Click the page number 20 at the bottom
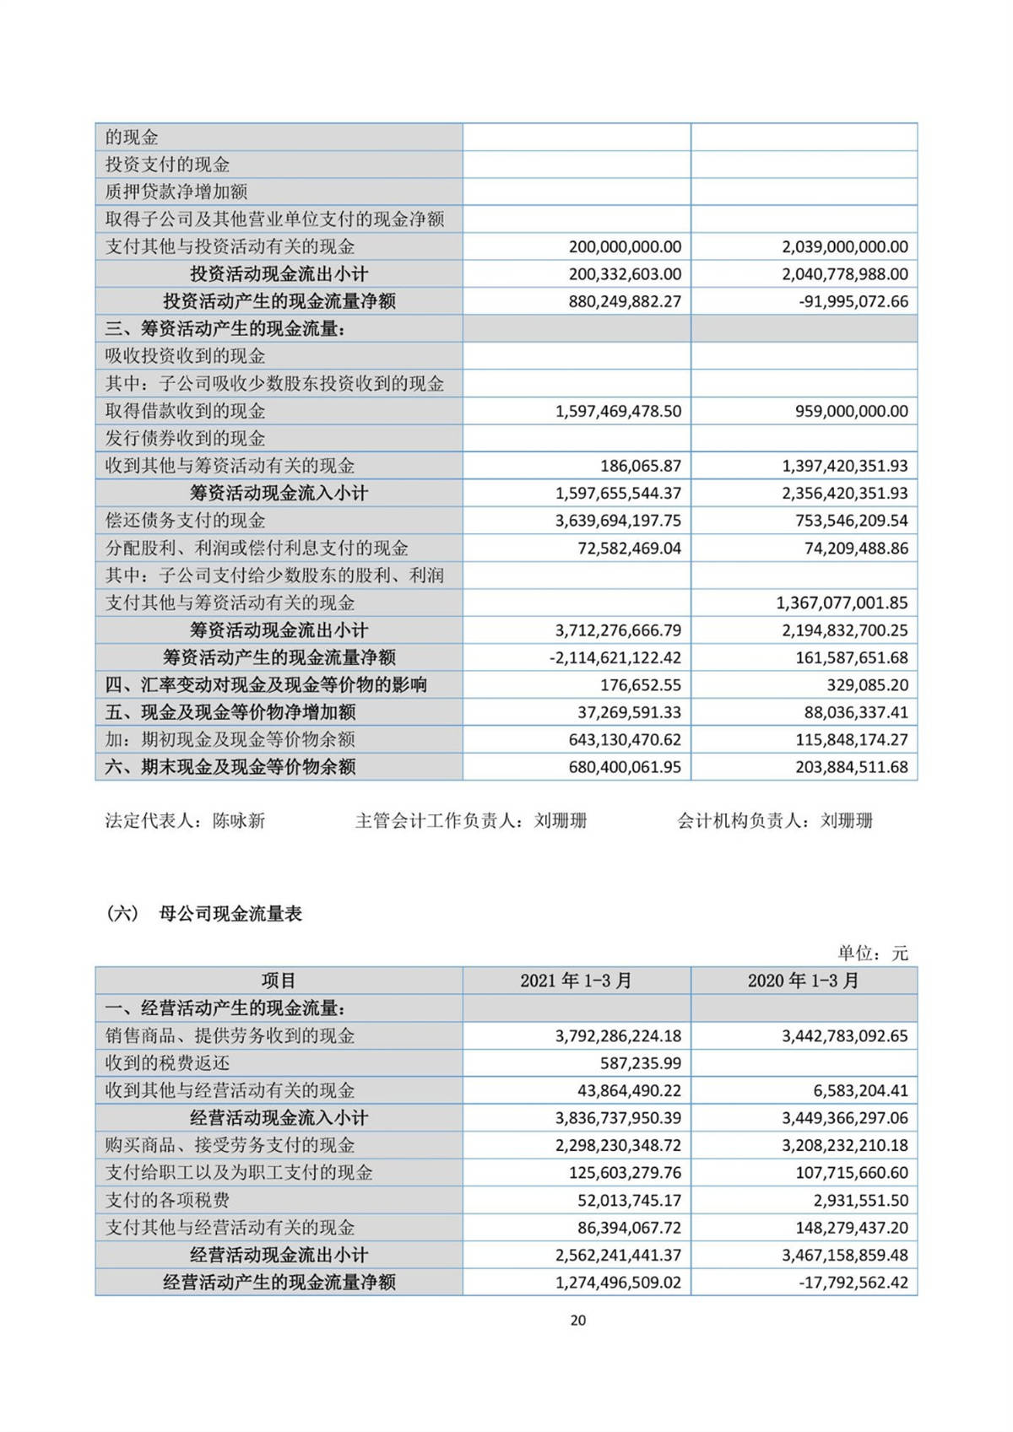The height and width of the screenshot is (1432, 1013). coord(577,1320)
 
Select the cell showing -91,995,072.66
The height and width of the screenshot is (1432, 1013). coord(853,301)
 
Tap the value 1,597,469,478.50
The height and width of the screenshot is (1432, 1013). coord(618,411)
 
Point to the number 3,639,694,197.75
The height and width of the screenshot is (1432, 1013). coord(618,521)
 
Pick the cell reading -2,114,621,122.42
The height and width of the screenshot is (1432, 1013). coord(615,657)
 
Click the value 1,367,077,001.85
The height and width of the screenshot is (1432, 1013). coord(842,603)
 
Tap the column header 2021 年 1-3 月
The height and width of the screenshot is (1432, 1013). coord(576,981)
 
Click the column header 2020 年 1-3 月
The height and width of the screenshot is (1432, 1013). coord(803,981)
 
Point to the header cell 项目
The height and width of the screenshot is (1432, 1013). coord(279,981)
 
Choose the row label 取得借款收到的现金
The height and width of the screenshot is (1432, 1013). coord(185,411)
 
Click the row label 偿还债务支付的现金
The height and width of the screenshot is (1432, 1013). coord(185,521)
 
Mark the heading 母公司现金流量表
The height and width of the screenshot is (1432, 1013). coord(230,914)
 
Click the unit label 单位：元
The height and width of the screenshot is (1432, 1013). coord(872,954)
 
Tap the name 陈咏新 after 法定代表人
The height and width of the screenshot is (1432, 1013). coord(239,820)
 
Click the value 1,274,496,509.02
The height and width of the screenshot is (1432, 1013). coord(618,1283)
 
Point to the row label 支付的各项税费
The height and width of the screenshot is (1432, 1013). coord(167,1200)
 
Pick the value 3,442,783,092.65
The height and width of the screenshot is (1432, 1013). coord(844,1035)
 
